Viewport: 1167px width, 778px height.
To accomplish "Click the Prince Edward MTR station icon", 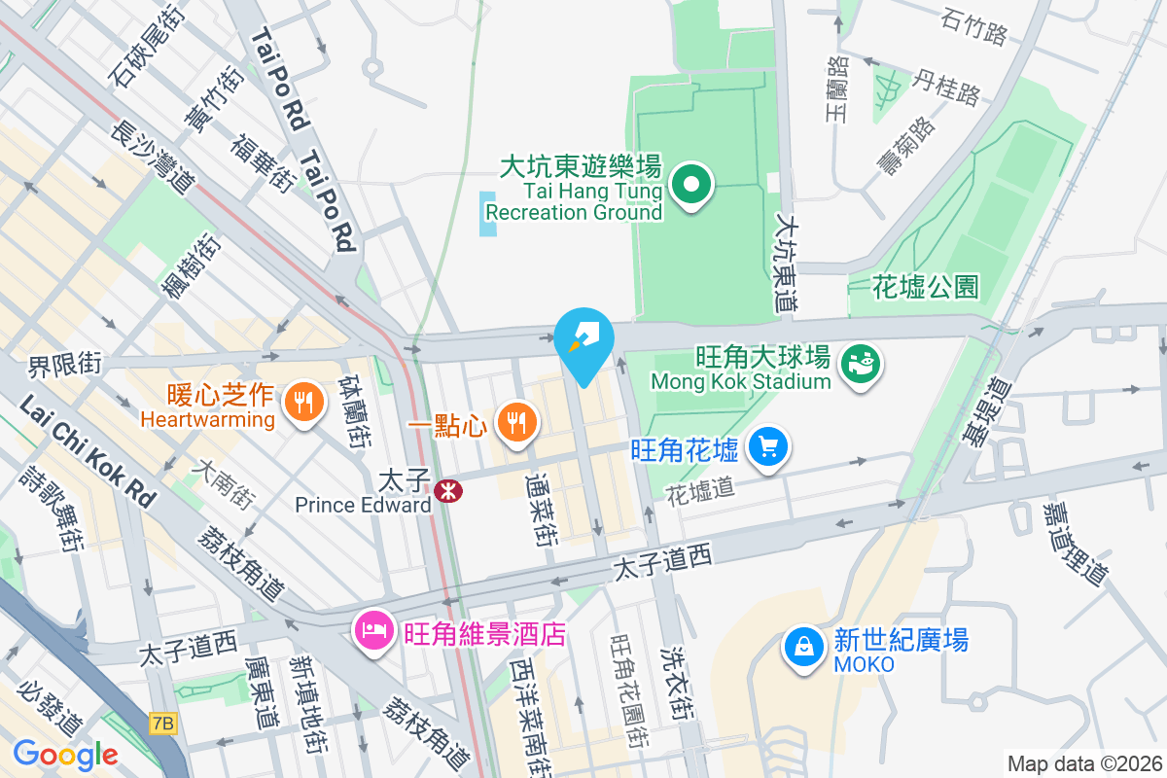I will (448, 490).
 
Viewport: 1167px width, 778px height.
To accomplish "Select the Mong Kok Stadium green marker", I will (861, 365).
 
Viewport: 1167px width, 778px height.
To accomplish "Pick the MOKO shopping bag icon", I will (804, 647).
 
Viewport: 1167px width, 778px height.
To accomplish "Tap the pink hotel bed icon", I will (373, 632).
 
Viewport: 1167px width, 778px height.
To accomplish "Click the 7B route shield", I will (163, 723).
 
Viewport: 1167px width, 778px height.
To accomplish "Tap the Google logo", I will (65, 754).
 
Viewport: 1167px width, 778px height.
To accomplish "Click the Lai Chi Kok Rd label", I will (88, 449).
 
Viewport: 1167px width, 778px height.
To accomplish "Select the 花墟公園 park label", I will (925, 287).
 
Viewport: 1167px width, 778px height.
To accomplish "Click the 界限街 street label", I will (64, 366).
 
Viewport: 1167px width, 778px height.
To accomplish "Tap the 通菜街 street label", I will (543, 509).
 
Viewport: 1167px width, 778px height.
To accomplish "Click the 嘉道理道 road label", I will (1076, 545).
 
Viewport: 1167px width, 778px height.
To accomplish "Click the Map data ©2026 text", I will (1084, 763).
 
